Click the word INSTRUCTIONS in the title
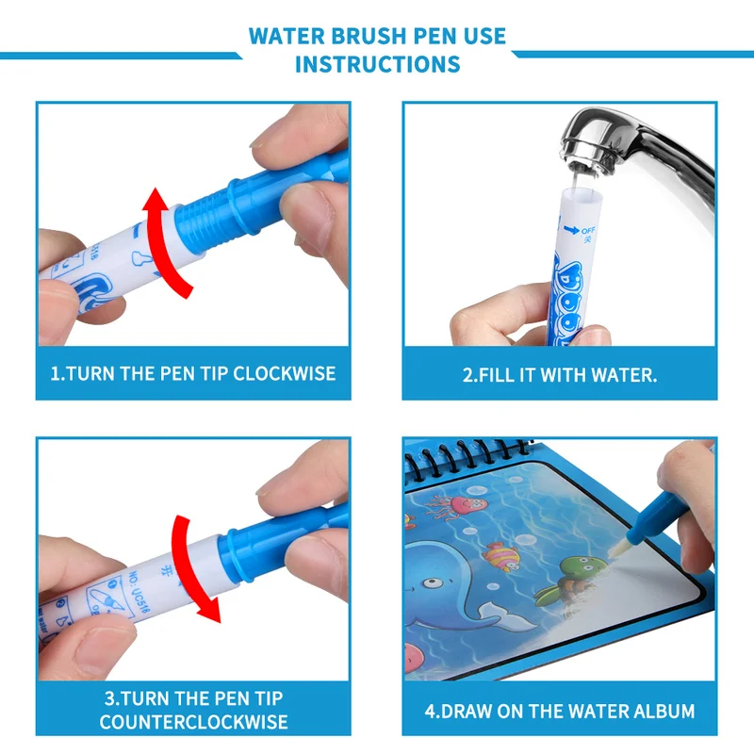377,64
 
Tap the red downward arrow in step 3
193,565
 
